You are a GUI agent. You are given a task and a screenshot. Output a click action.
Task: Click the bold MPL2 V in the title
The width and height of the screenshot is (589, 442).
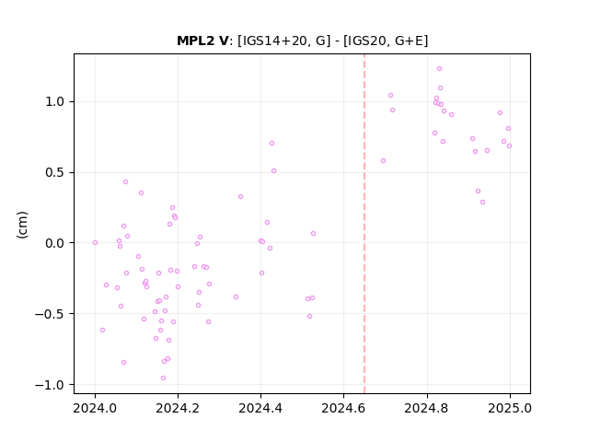click(202, 41)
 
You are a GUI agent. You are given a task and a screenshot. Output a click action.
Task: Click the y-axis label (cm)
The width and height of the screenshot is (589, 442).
click(22, 225)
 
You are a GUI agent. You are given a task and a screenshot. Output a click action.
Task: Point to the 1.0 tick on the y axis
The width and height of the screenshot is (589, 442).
click(55, 102)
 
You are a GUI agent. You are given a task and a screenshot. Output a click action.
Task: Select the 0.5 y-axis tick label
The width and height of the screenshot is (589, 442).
click(55, 172)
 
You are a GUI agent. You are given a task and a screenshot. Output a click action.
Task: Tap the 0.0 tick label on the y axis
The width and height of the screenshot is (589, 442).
click(55, 243)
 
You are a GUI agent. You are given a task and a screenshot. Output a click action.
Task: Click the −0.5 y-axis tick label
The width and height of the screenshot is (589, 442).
click(50, 314)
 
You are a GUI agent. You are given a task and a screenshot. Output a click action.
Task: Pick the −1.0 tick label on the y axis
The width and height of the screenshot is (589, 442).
click(50, 385)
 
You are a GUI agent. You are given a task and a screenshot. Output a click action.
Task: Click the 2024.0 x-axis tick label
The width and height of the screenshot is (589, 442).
click(95, 408)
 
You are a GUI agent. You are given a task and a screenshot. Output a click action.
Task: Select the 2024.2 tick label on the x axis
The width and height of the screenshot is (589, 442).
click(178, 408)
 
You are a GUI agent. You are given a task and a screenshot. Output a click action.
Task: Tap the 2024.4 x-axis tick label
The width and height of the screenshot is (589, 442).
click(260, 408)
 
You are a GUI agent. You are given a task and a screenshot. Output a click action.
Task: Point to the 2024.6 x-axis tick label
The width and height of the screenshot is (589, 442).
click(343, 408)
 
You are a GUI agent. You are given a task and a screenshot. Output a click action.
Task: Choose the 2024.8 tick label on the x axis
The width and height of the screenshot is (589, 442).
click(427, 408)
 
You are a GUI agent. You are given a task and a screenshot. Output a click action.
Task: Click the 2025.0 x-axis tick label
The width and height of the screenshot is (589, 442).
click(510, 408)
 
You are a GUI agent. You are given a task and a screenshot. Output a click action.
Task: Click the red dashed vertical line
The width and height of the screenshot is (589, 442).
click(364, 224)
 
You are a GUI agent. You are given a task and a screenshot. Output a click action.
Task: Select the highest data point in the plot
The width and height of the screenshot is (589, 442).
click(440, 69)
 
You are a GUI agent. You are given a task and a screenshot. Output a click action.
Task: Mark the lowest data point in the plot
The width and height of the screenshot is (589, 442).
click(164, 378)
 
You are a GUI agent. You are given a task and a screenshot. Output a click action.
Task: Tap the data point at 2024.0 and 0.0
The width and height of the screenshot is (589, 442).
click(95, 243)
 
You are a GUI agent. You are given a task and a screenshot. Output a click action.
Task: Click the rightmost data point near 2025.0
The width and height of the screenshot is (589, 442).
click(509, 145)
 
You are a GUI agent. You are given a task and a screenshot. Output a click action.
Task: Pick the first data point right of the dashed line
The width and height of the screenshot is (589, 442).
click(383, 161)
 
